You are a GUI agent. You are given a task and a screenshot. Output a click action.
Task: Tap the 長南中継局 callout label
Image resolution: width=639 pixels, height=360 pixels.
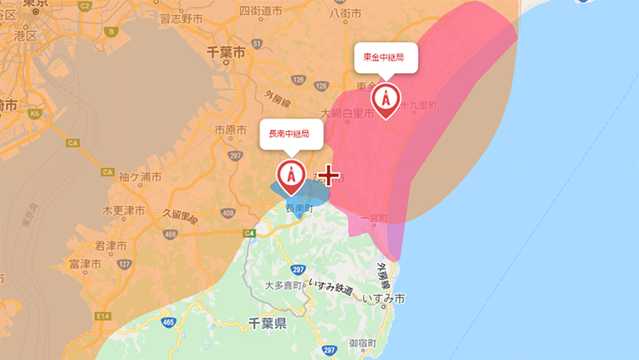[290, 134]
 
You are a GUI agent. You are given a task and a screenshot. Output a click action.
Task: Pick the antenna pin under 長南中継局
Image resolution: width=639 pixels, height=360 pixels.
[291, 174]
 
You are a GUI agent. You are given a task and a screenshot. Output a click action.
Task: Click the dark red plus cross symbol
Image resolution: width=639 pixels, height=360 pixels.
[328, 176]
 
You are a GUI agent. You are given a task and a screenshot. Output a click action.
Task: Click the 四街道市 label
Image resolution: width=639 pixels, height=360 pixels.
[261, 11]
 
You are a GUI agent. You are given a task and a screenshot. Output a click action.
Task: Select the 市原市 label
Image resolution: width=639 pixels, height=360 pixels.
[230, 130]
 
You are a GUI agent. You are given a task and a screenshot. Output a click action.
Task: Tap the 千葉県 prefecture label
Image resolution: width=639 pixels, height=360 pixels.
[269, 323]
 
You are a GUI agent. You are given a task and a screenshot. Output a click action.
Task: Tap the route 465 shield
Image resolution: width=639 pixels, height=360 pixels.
[169, 321]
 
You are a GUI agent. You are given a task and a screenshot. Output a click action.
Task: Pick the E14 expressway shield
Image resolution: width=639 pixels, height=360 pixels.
[103, 315]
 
